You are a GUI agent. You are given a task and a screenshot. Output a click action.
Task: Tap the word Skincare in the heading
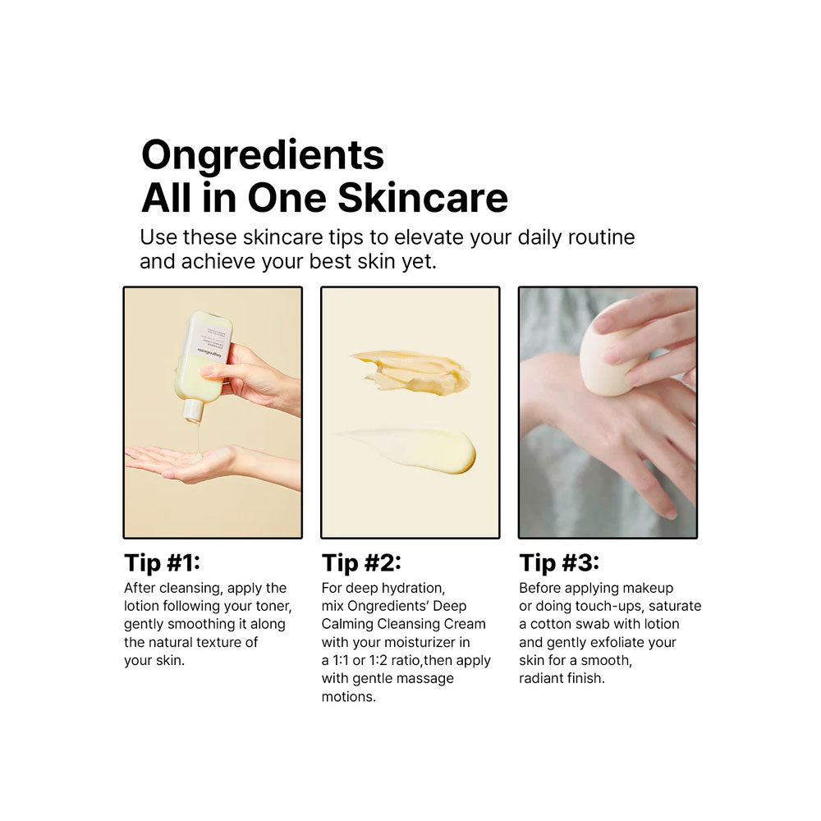tap(423, 198)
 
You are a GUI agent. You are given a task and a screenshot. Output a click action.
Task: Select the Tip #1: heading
tap(163, 563)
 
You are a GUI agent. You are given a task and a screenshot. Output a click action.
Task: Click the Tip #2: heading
tap(361, 563)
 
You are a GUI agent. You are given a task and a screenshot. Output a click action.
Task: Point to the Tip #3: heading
tap(559, 563)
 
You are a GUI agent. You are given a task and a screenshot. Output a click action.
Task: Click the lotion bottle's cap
tap(193, 411)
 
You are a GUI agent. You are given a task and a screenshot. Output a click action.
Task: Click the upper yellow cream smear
tap(412, 372)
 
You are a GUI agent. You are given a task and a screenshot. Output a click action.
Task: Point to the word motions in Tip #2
tap(347, 697)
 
